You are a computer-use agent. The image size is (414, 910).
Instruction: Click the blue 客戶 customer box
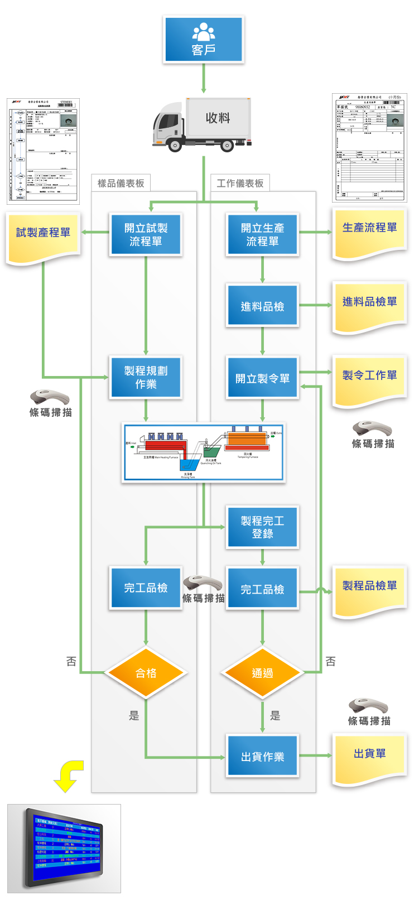(x=204, y=39)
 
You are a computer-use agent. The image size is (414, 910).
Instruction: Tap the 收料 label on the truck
(x=218, y=118)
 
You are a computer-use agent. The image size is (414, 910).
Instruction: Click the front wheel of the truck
(x=175, y=146)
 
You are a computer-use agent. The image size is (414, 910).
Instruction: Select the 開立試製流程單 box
(x=146, y=235)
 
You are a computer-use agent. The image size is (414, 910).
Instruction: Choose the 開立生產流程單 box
(x=262, y=235)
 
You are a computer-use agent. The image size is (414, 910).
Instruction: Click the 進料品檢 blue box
(x=262, y=306)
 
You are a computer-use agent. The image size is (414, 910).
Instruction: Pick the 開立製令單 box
(x=262, y=378)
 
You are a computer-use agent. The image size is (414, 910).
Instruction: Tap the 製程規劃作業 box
(x=146, y=378)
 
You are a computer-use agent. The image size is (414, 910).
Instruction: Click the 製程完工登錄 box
(x=262, y=527)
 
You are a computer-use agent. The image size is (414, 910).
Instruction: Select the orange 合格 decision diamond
(x=146, y=673)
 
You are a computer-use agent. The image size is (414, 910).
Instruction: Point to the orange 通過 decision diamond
(x=262, y=673)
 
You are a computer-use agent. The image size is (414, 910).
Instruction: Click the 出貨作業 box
(x=262, y=757)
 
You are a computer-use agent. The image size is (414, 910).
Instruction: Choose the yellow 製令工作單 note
(x=369, y=379)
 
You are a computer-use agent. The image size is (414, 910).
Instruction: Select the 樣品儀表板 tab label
(x=121, y=183)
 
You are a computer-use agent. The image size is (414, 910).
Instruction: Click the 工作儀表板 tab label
(x=240, y=183)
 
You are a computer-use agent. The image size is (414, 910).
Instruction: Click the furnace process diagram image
(x=204, y=452)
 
